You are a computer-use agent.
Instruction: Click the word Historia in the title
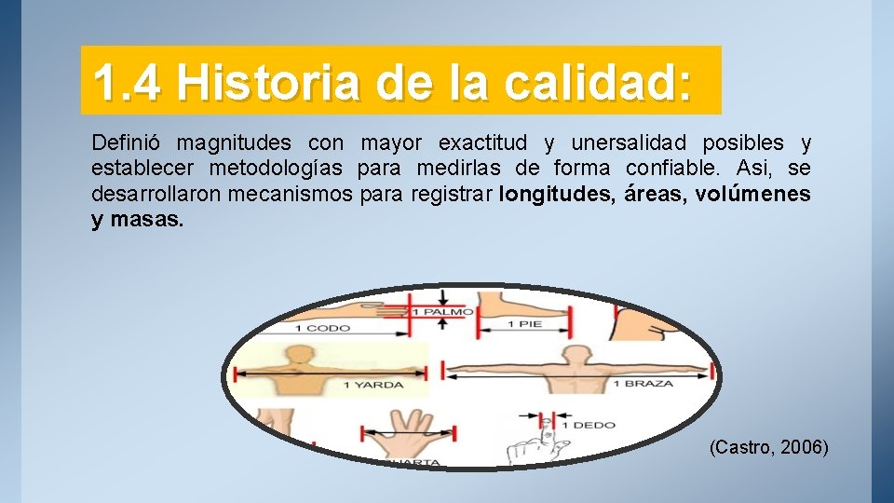[269, 83]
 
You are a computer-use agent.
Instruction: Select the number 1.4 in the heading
[129, 83]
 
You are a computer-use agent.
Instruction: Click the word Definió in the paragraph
[126, 143]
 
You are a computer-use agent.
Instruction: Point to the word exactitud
[482, 143]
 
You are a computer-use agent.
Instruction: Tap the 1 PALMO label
[443, 311]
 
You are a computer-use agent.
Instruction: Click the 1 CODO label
[320, 328]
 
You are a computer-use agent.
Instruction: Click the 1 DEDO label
[591, 425]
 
